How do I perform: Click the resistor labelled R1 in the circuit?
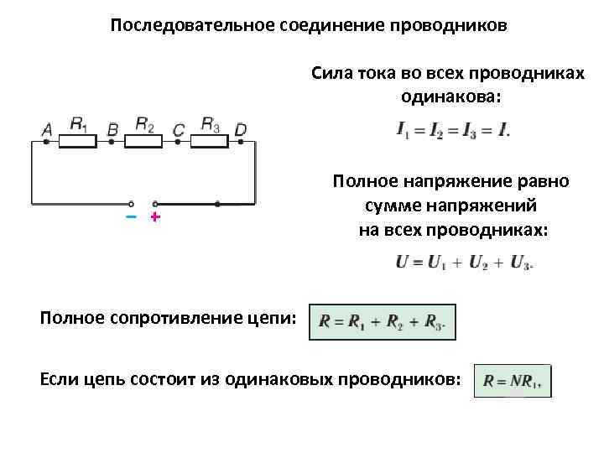80,143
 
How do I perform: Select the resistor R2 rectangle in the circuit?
146,143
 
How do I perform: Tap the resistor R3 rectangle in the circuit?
210,143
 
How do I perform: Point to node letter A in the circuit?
47,129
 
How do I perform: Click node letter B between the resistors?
112,130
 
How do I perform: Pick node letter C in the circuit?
178,130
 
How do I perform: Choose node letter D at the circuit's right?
241,129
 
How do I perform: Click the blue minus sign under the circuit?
130,218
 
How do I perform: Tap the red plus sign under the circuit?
154,218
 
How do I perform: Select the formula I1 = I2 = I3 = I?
452,131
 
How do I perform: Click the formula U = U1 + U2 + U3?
464,262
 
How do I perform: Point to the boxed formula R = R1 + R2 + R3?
383,321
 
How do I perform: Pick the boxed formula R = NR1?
513,380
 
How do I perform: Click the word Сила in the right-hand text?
331,74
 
